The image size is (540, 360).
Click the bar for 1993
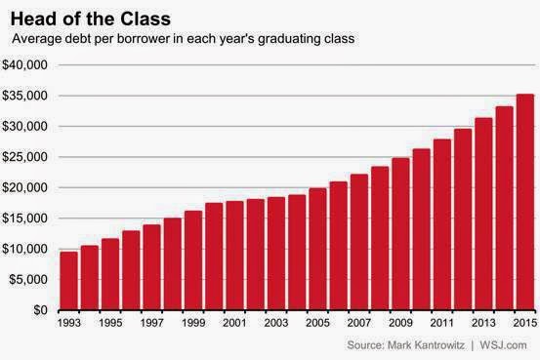69,281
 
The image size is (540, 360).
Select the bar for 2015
525,202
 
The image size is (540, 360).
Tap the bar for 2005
318,249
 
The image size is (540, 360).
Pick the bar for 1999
193,260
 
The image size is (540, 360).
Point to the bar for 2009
401,234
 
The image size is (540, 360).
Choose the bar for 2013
483,214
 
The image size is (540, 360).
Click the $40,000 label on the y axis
24,64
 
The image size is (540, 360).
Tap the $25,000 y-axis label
24,157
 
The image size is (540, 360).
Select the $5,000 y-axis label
28,279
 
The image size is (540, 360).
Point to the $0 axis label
40,310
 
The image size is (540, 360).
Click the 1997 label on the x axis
152,323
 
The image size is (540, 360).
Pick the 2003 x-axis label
276,323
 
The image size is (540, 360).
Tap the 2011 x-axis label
441,323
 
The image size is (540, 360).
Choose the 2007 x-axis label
359,323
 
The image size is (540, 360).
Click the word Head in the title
32,19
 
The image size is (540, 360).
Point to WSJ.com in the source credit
503,344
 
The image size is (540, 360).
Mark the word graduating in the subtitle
289,39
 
